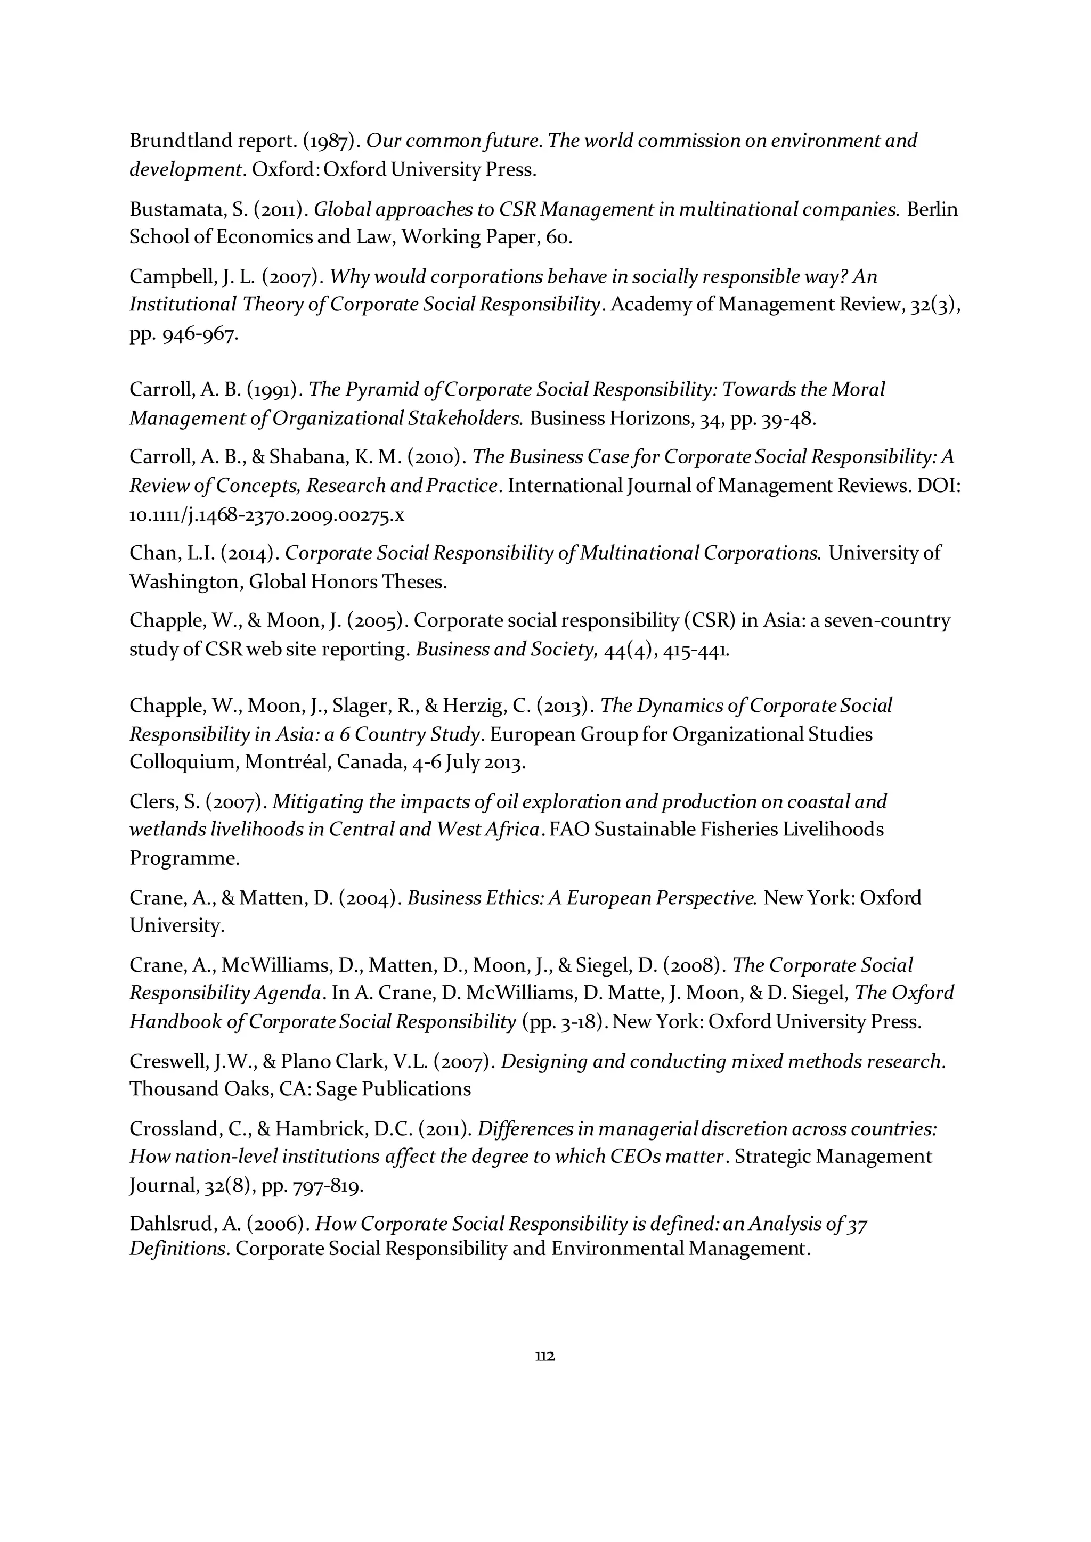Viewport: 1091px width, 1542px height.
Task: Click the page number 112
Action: (x=545, y=1355)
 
